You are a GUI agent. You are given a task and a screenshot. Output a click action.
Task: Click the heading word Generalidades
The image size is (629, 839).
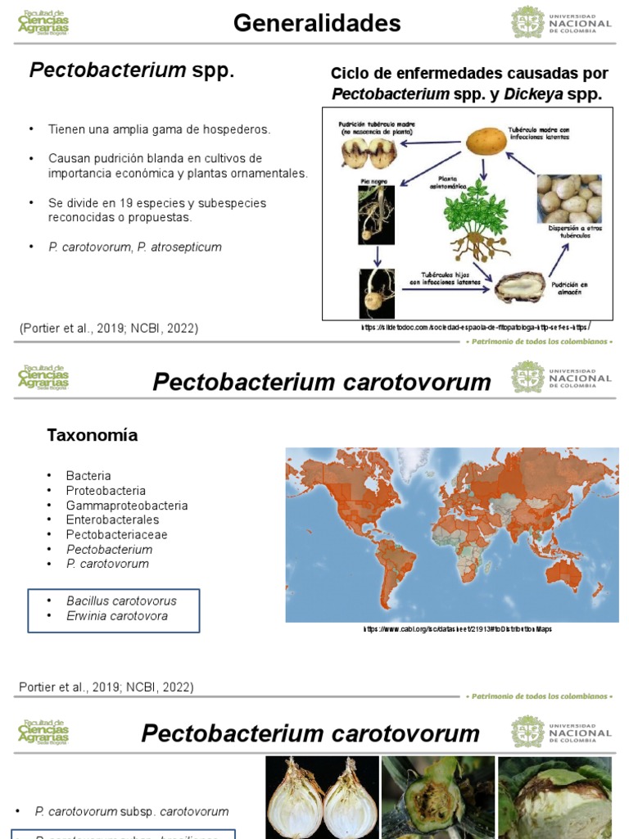[317, 24]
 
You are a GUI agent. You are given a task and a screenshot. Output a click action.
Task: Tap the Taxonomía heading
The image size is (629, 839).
[92, 436]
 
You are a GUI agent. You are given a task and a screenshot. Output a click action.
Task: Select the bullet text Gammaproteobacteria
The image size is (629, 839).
[127, 506]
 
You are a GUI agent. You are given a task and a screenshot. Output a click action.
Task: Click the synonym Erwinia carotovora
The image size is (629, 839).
[117, 615]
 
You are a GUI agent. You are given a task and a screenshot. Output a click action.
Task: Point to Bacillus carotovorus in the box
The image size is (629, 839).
[121, 601]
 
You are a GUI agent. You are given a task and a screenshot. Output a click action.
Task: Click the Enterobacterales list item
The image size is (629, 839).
[113, 519]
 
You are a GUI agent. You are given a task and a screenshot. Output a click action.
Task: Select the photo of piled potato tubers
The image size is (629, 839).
[568, 198]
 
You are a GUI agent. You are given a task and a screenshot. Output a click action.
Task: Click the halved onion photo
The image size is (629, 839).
[322, 798]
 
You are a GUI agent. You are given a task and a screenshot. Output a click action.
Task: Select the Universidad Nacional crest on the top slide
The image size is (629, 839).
[527, 22]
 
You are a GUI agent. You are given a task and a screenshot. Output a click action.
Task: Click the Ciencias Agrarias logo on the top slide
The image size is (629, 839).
[43, 23]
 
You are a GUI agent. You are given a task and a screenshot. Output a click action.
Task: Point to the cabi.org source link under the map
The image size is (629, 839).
[458, 629]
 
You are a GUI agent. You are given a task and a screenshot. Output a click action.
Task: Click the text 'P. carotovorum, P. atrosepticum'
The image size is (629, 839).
[135, 247]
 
